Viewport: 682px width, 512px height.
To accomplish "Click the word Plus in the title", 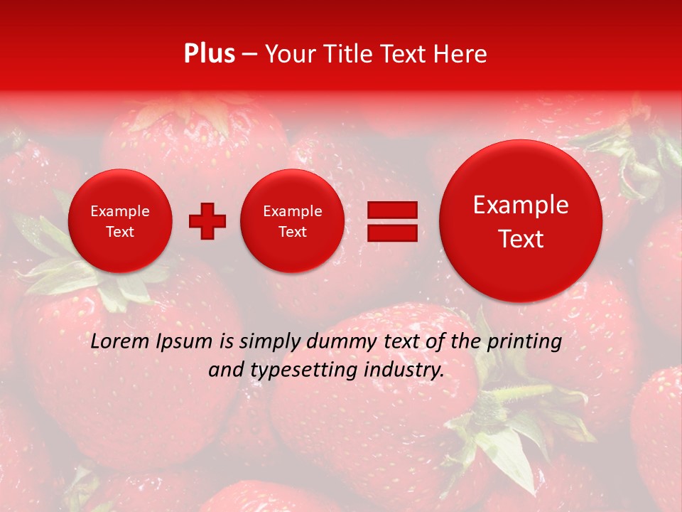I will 209,54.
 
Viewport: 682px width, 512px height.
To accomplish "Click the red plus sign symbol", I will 207,221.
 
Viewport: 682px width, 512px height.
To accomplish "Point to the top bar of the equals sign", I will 392,210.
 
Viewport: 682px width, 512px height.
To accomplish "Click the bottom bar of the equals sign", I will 392,233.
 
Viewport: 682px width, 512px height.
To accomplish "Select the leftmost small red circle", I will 120,221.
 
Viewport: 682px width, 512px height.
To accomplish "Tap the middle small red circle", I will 293,221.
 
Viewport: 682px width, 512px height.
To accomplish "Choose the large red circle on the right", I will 521,221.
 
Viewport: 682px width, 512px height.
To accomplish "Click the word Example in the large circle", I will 521,205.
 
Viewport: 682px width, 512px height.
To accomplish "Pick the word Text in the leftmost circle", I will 120,232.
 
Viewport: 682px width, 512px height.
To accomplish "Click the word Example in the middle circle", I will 293,211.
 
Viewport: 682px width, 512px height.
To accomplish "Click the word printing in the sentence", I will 524,341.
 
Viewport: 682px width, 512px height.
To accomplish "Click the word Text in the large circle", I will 521,239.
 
